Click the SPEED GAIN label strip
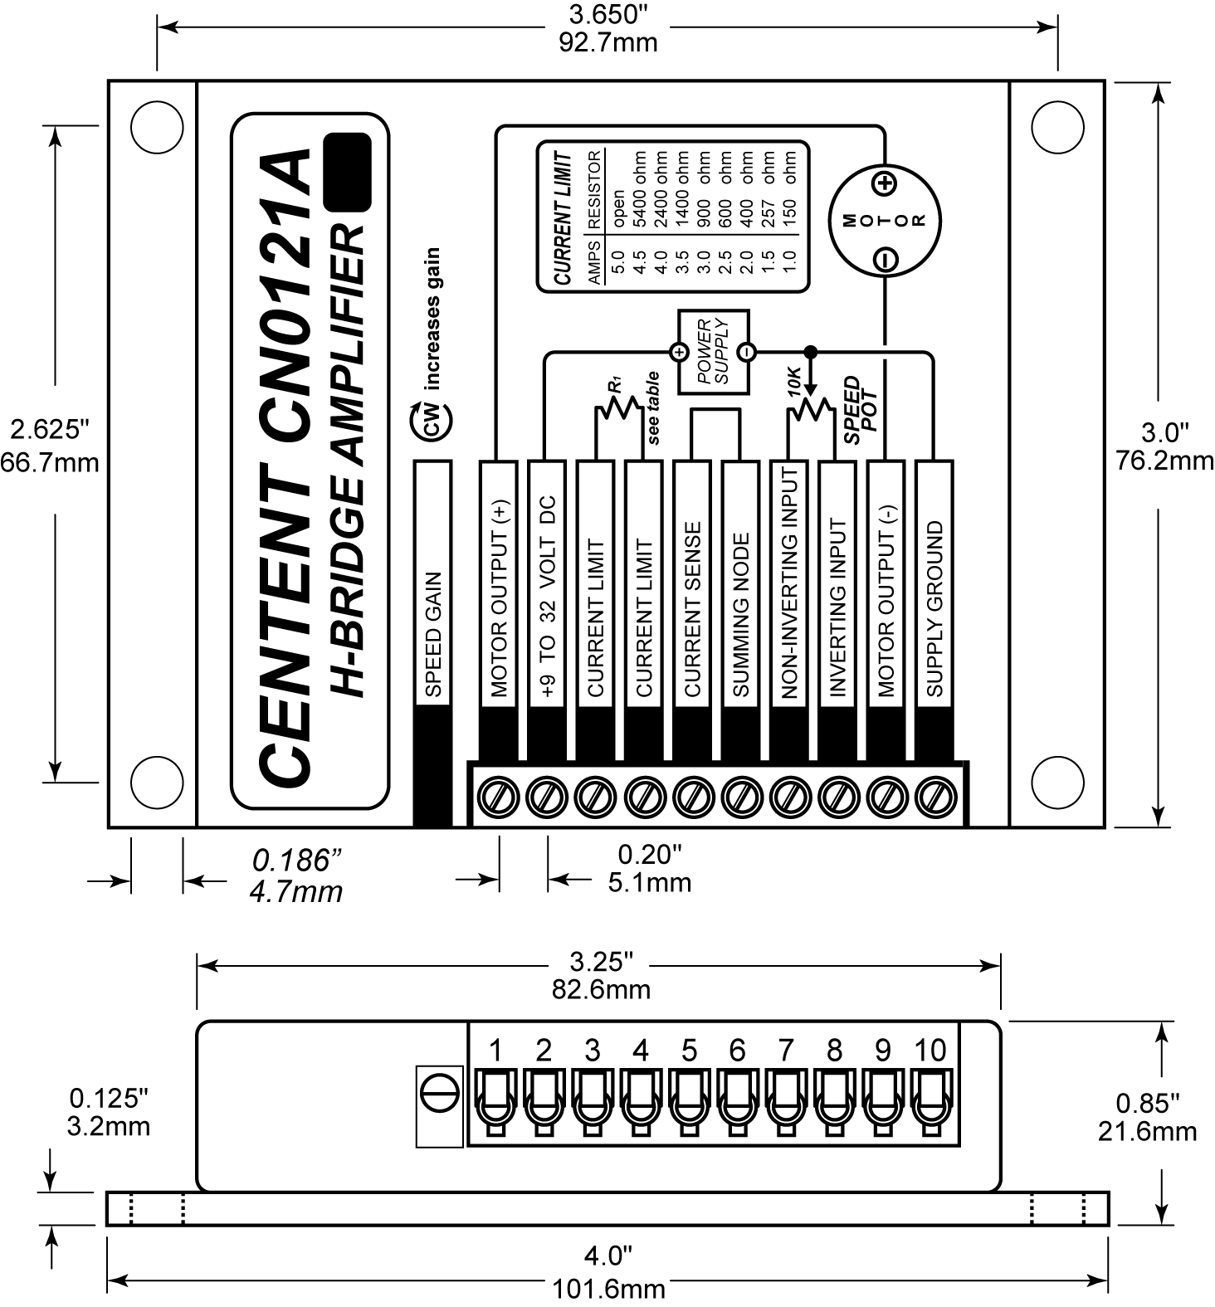(432, 635)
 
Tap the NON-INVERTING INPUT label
(789, 581)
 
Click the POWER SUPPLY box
(714, 353)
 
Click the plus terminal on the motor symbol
(886, 183)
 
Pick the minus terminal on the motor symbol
(886, 260)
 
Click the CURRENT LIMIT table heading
(564, 218)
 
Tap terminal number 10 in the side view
(930, 1051)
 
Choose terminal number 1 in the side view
(495, 1051)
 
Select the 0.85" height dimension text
(1147, 1103)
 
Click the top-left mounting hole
(157, 127)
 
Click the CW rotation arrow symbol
(432, 422)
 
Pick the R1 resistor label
(615, 385)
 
